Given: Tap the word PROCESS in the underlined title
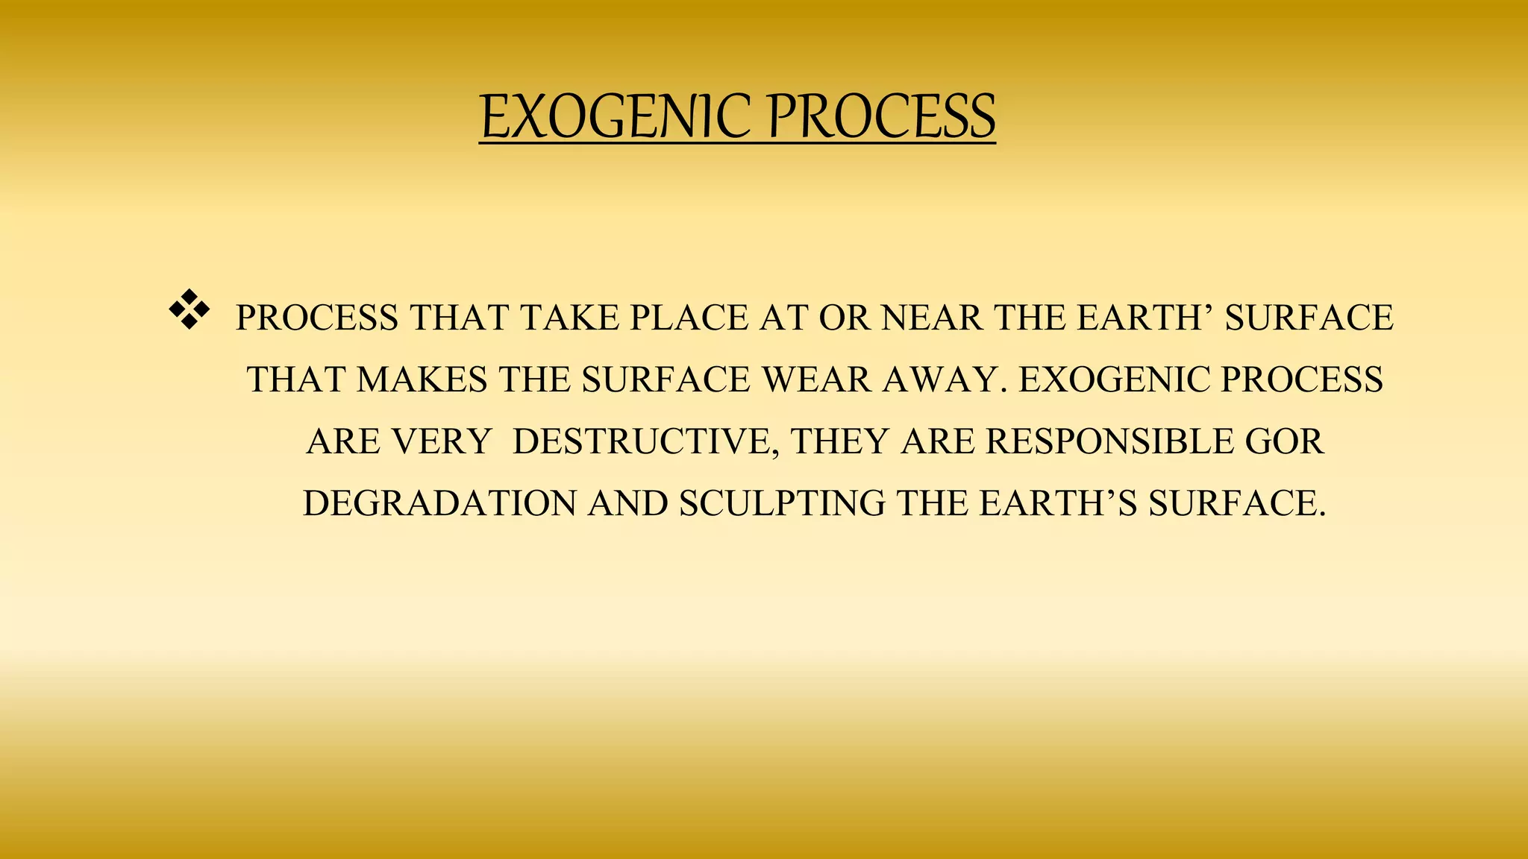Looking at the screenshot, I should click(881, 118).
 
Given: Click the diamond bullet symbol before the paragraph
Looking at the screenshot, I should click(190, 309).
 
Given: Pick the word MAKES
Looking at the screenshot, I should click(422, 380).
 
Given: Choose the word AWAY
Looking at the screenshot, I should click(941, 380).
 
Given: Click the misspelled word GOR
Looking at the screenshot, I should click(1285, 442).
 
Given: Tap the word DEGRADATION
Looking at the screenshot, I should click(439, 504).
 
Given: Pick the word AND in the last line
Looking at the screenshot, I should click(627, 504).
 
